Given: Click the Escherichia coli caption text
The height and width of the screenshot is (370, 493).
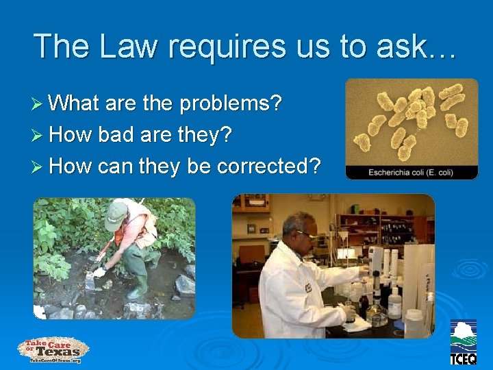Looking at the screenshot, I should pyautogui.click(x=410, y=172).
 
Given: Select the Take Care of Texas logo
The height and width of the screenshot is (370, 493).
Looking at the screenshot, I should pyautogui.click(x=53, y=350).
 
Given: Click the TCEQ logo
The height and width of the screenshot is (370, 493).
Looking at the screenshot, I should pyautogui.click(x=464, y=343).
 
